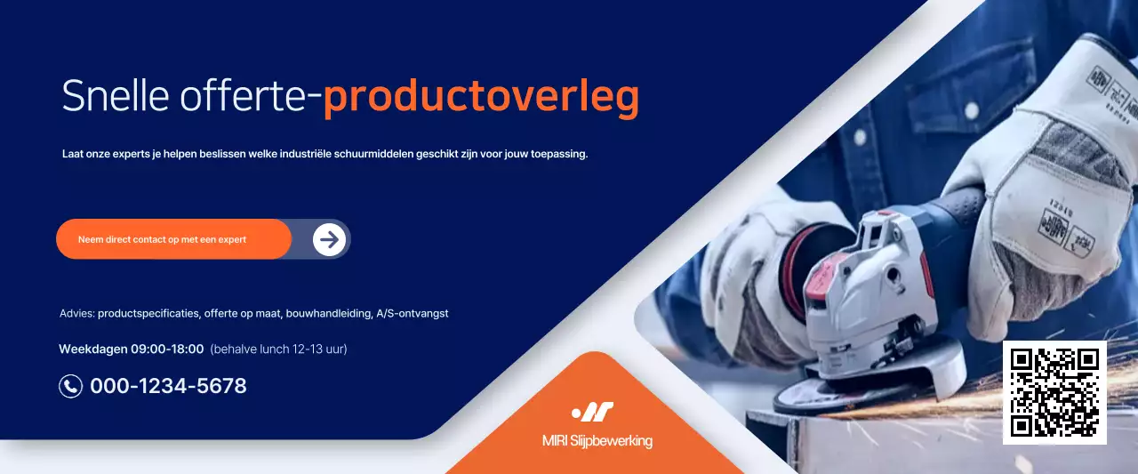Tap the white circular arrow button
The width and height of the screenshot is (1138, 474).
tap(329, 239)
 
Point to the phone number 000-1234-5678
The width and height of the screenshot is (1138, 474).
tap(168, 386)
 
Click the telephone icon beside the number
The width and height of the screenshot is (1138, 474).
tap(70, 386)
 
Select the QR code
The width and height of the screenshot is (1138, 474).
tap(1054, 392)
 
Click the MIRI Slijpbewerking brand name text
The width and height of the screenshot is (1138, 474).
tap(597, 441)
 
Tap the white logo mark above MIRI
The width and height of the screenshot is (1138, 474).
tap(593, 412)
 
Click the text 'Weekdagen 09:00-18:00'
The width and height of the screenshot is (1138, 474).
tap(132, 349)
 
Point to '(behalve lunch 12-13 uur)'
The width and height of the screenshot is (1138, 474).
tap(278, 349)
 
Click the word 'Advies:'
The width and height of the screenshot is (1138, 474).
tap(77, 313)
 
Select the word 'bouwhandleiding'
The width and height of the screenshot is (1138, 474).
tap(327, 313)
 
